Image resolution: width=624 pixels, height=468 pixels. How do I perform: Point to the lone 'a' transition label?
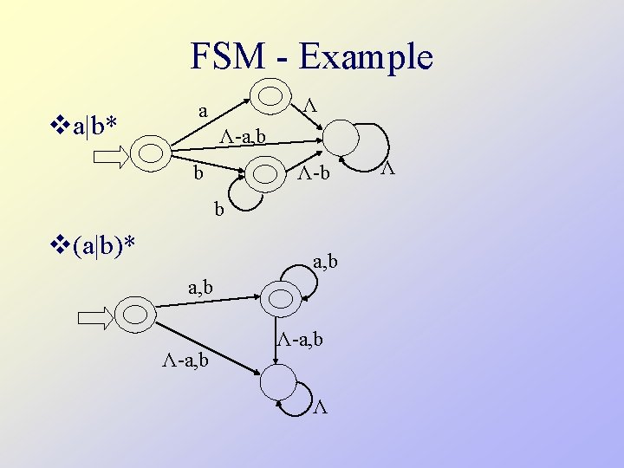coord(202,111)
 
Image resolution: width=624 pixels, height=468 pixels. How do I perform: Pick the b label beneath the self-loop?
coord(220,208)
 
